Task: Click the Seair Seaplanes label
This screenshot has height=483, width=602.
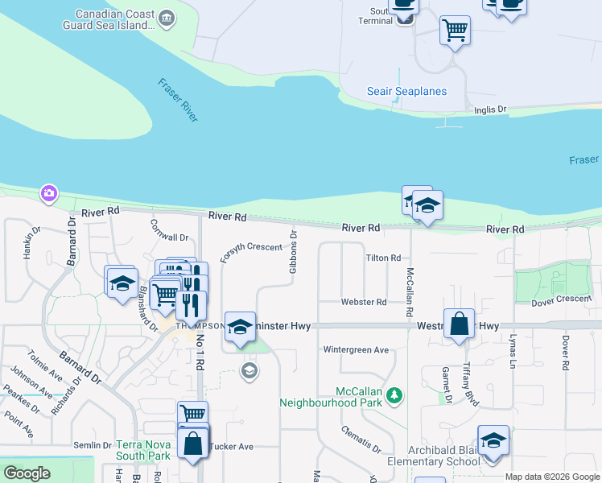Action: coord(406,92)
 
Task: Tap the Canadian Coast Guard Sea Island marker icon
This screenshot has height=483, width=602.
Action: coord(167,19)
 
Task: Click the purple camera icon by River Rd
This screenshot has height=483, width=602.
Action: coord(49,193)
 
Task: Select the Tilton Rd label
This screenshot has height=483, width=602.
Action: coord(383,258)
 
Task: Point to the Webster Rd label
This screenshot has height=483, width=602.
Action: coord(369,302)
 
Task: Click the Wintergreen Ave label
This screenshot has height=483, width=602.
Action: coord(356,350)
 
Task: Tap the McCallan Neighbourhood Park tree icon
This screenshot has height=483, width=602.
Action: coord(394,394)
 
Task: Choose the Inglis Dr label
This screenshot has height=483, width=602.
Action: coord(490,109)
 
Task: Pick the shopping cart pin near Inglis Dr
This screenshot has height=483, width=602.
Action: coord(455,31)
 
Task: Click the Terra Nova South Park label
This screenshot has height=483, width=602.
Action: coord(143,450)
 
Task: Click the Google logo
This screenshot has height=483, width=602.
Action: coord(27,473)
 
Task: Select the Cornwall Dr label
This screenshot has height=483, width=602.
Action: coord(169,237)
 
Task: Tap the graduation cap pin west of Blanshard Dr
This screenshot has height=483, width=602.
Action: coord(122,283)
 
